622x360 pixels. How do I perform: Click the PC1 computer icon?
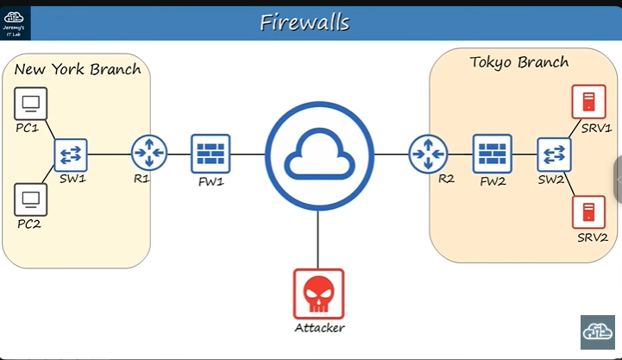31,104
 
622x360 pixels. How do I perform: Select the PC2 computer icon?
31,199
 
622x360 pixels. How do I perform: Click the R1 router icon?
148,155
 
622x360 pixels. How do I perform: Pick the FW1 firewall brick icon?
210,154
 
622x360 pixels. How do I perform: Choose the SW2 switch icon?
553,154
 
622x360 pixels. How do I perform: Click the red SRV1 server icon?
589,103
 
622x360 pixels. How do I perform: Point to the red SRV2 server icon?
589,211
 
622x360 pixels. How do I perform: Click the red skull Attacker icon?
318,294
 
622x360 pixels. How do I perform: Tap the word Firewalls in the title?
305,22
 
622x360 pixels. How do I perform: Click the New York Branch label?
78,69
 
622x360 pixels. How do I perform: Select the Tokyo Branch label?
518,62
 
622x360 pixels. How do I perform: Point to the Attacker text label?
318,328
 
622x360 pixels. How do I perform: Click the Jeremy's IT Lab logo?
16,22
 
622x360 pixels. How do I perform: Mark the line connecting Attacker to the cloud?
318,237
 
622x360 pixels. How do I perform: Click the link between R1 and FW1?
179,155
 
